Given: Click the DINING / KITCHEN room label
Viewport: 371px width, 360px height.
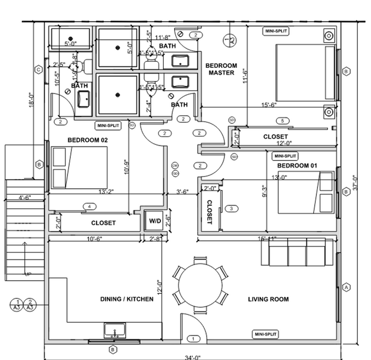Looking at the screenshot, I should click(127, 299).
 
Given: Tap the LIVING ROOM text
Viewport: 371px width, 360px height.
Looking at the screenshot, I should click(268, 299).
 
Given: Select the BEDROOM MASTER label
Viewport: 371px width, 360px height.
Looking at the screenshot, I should click(221, 69).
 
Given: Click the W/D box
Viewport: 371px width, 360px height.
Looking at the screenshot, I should click(155, 220).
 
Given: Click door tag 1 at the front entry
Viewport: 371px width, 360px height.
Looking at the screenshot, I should click(193, 339).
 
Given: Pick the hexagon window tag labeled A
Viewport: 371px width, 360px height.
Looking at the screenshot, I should click(345, 288).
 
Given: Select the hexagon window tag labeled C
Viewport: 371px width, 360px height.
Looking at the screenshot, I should click(38, 70).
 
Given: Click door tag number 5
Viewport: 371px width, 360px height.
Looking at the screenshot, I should click(281, 121).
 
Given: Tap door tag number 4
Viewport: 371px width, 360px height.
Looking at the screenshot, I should click(88, 206).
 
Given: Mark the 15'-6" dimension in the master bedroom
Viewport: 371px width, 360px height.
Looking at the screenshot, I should click(269, 104).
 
